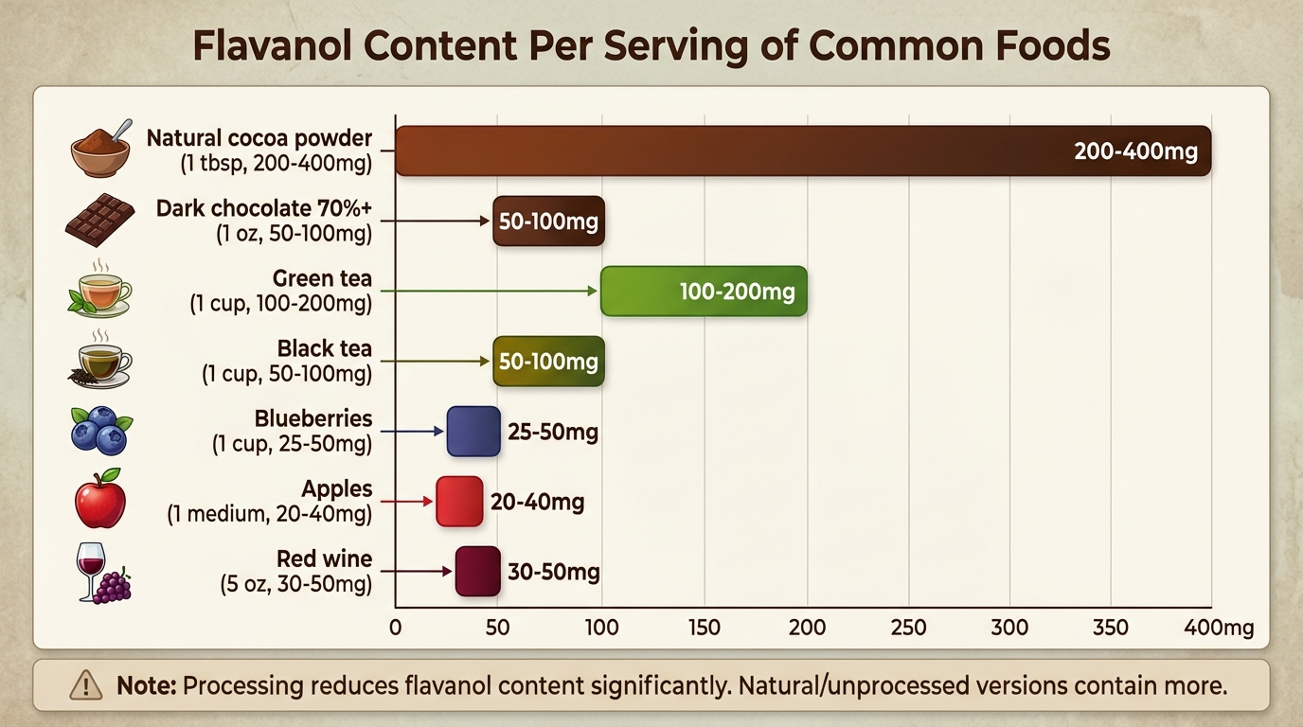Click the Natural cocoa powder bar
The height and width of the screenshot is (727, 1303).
click(x=803, y=151)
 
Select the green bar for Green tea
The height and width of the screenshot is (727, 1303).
click(x=704, y=292)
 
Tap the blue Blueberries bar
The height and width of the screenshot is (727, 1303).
click(x=473, y=432)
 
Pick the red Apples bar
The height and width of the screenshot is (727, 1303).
click(x=459, y=502)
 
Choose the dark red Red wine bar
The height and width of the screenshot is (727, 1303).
click(x=477, y=572)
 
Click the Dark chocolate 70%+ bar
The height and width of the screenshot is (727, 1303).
click(x=548, y=222)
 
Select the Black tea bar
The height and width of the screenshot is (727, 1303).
click(x=548, y=362)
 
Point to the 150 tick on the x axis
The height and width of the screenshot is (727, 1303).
click(x=705, y=628)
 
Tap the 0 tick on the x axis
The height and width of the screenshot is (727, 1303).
click(x=396, y=628)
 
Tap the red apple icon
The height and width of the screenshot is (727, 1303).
click(x=100, y=499)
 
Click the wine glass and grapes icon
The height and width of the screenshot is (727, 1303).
click(x=102, y=573)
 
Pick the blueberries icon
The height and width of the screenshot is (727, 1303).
click(x=100, y=431)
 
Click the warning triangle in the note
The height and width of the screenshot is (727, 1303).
click(x=87, y=684)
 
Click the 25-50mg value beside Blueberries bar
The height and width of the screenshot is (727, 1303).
click(x=553, y=433)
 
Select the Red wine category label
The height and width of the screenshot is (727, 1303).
click(x=324, y=559)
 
